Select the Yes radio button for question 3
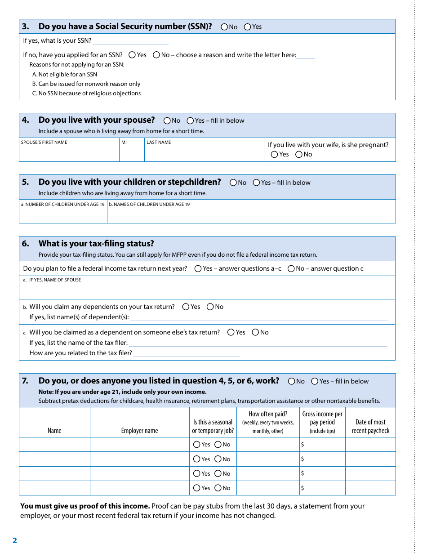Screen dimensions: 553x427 247,27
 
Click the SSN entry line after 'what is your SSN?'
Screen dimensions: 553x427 130,41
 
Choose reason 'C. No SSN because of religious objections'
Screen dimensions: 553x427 86,94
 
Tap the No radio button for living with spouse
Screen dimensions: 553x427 167,120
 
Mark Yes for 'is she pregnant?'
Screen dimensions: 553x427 274,155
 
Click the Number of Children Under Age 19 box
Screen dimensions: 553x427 63,214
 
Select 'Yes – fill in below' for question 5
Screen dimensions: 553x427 256,183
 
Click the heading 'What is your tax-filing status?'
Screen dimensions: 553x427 96,244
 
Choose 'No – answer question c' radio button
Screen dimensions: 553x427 291,269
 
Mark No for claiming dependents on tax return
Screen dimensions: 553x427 210,307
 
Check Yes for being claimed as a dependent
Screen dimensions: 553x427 231,333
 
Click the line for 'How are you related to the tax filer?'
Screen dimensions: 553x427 187,353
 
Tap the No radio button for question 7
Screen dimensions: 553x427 291,381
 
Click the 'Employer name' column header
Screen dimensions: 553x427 139,431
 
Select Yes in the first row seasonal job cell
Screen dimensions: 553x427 196,445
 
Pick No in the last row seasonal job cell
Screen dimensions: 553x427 218,488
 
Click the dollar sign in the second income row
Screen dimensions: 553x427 302,459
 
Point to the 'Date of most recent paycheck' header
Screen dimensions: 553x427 370,426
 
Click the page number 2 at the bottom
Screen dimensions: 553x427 15,540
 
